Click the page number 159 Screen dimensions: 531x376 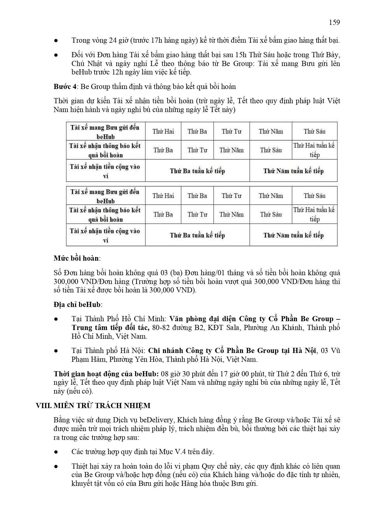[334, 22]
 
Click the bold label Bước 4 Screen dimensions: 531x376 [65, 87]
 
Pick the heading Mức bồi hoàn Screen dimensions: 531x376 [76, 258]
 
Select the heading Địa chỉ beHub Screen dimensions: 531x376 [77, 305]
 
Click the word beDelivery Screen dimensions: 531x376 [157, 420]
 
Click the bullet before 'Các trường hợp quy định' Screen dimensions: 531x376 [56, 452]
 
